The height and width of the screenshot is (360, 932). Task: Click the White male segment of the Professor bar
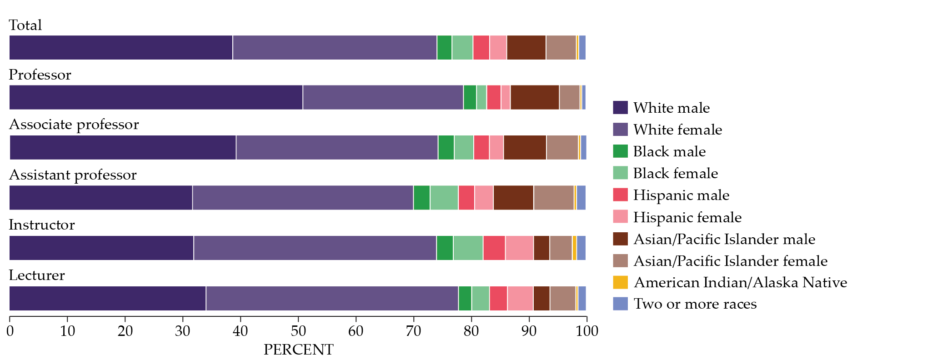(156, 97)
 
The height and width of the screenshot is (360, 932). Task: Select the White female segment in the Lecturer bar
(332, 298)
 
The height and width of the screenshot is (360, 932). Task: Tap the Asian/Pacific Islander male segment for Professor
(535, 97)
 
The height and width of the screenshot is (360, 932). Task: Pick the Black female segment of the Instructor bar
(468, 248)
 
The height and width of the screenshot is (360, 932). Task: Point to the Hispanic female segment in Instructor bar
(519, 248)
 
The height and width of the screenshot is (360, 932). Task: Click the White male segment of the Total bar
(121, 47)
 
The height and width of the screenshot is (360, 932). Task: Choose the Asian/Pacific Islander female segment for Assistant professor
(554, 198)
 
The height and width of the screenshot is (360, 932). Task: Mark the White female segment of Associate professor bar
(337, 147)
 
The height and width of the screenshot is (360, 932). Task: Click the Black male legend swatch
(620, 151)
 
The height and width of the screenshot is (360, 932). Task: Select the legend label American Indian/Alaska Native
(740, 282)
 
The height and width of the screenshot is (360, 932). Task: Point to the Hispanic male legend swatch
(620, 195)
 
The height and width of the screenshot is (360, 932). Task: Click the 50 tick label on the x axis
(298, 331)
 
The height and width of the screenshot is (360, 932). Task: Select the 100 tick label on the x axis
(587, 331)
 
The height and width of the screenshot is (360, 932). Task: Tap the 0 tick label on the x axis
(10, 331)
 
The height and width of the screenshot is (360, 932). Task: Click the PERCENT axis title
(298, 350)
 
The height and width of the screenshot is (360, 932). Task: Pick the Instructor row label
(42, 225)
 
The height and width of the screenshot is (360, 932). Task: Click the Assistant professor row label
(73, 175)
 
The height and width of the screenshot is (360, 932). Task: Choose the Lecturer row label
(37, 275)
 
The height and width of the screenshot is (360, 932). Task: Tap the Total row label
(25, 25)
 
